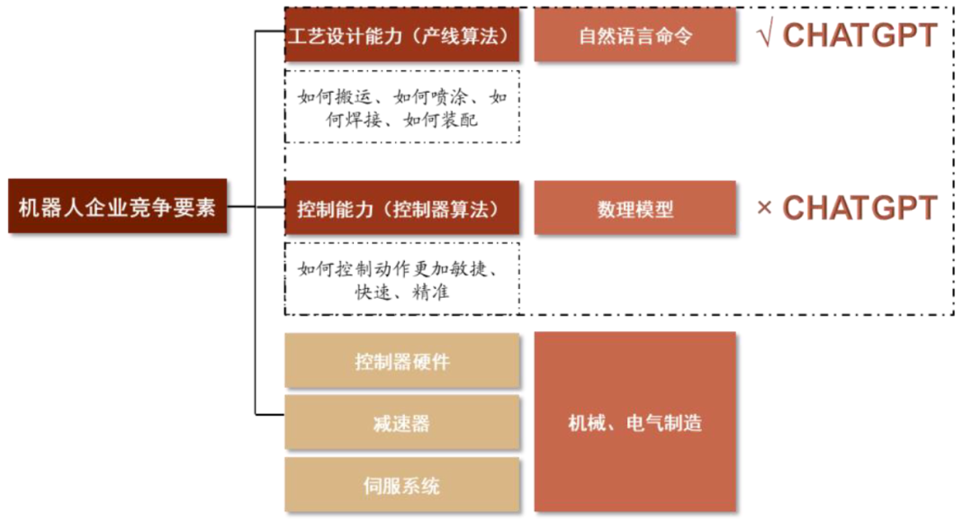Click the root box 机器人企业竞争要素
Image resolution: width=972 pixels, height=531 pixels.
[117, 207]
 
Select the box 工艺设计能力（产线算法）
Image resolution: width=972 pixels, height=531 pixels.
[401, 36]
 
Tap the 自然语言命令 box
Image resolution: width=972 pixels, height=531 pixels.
[635, 36]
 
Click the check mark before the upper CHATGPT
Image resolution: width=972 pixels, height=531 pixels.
[766, 36]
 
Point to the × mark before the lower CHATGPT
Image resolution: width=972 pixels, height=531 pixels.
[765, 208]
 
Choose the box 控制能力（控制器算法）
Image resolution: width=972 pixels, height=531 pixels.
[401, 209]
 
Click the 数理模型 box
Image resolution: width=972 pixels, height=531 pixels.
[635, 209]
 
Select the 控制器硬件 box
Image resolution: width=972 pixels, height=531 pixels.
[401, 362]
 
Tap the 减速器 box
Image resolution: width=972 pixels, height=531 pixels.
[401, 423]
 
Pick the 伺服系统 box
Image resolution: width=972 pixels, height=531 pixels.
[401, 486]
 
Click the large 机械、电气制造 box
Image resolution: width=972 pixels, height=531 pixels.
[635, 423]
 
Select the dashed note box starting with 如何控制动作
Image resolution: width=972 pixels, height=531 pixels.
[401, 279]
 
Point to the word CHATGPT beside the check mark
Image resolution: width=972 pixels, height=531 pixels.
[860, 36]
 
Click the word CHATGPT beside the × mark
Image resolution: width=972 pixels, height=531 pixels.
[860, 208]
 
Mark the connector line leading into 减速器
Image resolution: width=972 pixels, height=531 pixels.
[270, 415]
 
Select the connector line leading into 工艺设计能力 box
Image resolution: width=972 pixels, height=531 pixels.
[270, 33]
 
